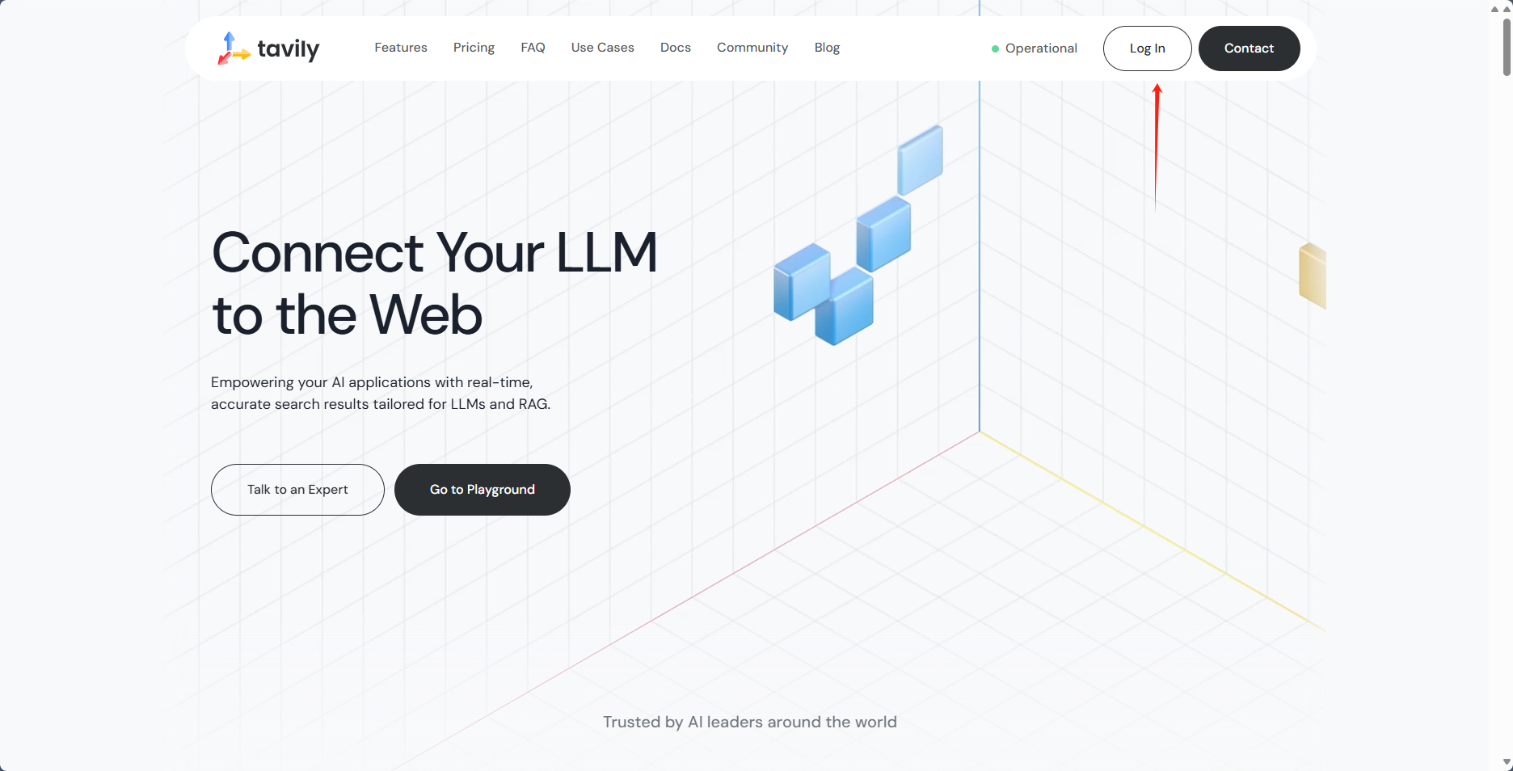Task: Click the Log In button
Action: point(1147,48)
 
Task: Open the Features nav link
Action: point(401,48)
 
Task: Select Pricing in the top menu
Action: point(474,48)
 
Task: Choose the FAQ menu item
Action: point(533,48)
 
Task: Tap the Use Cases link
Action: point(602,48)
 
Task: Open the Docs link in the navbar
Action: point(675,48)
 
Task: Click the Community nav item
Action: point(752,48)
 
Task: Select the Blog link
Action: point(827,48)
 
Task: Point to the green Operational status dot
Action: point(995,48)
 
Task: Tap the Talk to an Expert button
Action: point(297,490)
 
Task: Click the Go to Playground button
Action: point(482,490)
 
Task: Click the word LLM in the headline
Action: point(606,253)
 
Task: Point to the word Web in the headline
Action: point(426,315)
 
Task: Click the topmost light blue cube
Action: point(921,159)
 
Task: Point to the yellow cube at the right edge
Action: point(1313,276)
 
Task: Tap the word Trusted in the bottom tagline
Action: point(631,722)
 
